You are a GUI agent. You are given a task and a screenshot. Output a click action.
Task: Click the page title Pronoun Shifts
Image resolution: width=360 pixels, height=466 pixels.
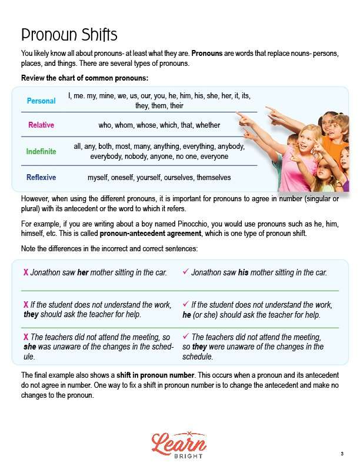(x=69, y=34)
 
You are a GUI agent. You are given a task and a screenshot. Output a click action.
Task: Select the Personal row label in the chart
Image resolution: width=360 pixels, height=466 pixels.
(x=41, y=101)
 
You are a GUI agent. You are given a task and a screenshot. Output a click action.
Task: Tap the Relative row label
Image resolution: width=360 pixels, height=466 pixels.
(x=41, y=125)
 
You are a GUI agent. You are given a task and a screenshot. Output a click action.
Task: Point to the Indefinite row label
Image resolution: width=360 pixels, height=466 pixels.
(x=41, y=151)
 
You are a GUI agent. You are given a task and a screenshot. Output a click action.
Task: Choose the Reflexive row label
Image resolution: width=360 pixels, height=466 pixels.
(x=41, y=177)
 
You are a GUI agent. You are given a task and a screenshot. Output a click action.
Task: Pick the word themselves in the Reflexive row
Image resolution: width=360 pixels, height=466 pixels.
(x=209, y=177)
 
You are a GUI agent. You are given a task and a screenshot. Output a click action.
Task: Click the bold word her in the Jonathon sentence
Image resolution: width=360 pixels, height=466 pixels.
(x=83, y=273)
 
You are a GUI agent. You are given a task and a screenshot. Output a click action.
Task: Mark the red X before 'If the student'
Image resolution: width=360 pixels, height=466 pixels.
(x=26, y=305)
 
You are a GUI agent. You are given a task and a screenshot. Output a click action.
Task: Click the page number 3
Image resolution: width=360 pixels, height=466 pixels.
(x=342, y=453)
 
